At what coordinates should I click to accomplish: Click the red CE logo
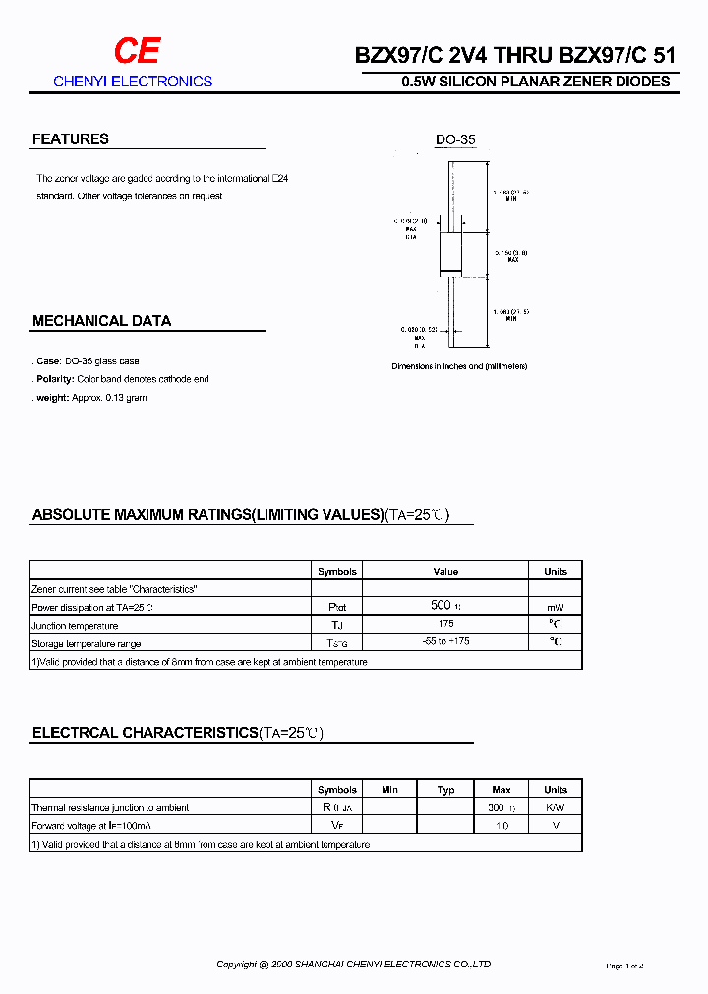(136, 52)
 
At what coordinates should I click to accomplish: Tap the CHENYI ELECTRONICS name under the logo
(133, 82)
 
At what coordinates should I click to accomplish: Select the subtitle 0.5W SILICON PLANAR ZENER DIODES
(536, 82)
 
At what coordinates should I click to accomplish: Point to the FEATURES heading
(71, 139)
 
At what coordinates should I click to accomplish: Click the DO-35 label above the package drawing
(455, 140)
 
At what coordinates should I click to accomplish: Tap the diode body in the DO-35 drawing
(449, 251)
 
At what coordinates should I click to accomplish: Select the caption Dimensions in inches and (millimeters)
(459, 366)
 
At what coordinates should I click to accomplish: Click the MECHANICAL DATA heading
(101, 321)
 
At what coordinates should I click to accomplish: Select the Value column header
(445, 571)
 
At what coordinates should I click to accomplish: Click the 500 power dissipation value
(441, 606)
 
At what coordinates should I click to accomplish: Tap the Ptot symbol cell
(337, 608)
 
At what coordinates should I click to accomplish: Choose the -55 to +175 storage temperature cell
(445, 643)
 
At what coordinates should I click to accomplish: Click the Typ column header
(445, 790)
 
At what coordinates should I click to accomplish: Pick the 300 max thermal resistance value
(499, 807)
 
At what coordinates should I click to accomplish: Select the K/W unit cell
(556, 807)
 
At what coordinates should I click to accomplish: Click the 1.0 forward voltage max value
(501, 826)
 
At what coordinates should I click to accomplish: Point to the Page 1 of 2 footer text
(624, 966)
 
